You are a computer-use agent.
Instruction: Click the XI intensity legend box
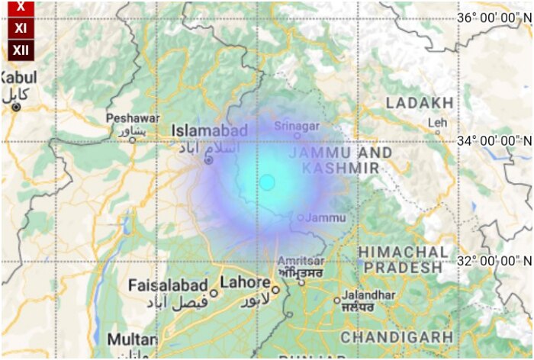(21, 28)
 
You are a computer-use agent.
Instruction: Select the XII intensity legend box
(21, 50)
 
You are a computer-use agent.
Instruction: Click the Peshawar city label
(133, 118)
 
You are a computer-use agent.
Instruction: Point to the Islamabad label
(209, 131)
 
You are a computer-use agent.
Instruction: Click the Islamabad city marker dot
(208, 160)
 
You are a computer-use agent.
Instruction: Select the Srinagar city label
(297, 125)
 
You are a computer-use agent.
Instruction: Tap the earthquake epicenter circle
(267, 182)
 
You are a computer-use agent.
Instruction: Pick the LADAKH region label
(420, 102)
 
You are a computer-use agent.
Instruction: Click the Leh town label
(438, 122)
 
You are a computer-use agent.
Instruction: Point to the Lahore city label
(244, 282)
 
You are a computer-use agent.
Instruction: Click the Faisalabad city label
(168, 285)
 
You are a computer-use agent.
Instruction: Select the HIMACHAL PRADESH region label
(402, 259)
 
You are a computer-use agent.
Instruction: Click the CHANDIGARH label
(397, 336)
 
